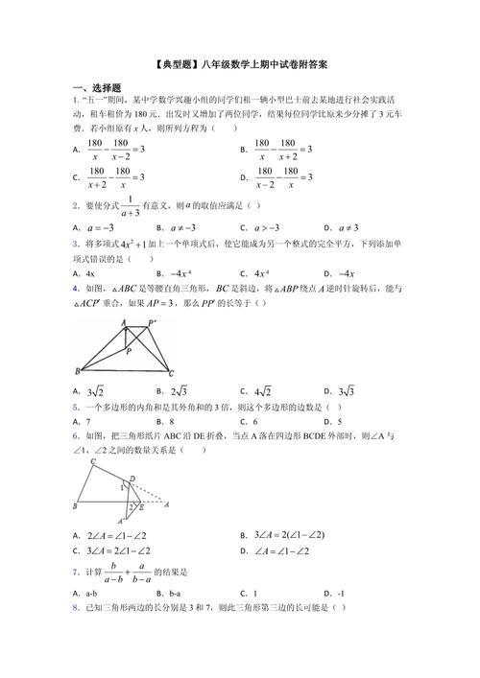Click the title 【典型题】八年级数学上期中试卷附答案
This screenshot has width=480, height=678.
240,66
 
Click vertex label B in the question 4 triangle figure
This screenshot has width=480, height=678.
77,371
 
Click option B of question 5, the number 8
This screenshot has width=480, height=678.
172,421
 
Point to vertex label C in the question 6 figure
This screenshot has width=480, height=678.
92,462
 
